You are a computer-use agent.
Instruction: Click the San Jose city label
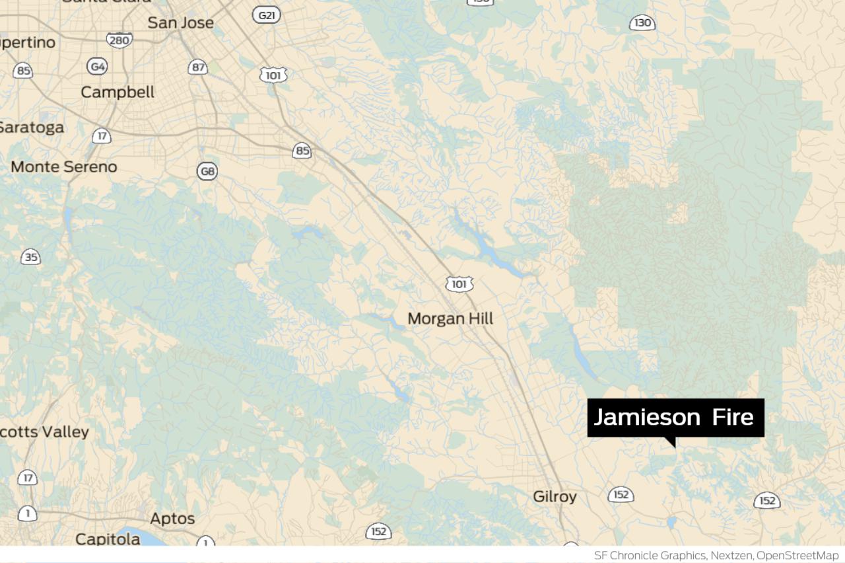[180, 22]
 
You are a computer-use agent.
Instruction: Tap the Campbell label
[118, 92]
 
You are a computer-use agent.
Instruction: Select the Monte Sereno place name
[63, 167]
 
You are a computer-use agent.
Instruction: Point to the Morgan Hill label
[450, 319]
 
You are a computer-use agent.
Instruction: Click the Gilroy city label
[555, 496]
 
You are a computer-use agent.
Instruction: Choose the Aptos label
[172, 518]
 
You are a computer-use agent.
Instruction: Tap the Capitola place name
[108, 539]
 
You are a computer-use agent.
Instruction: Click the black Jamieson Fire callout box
[675, 418]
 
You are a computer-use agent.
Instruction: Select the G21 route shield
[267, 14]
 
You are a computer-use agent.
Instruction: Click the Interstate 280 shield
[119, 40]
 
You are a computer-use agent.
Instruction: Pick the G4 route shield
[98, 66]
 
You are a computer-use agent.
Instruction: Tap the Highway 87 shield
[198, 67]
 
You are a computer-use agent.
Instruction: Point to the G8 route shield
[207, 172]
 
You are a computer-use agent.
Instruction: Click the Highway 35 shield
[30, 257]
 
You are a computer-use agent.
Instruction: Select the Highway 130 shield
[642, 23]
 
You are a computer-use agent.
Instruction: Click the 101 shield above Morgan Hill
[459, 284]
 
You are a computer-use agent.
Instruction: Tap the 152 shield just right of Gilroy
[621, 494]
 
